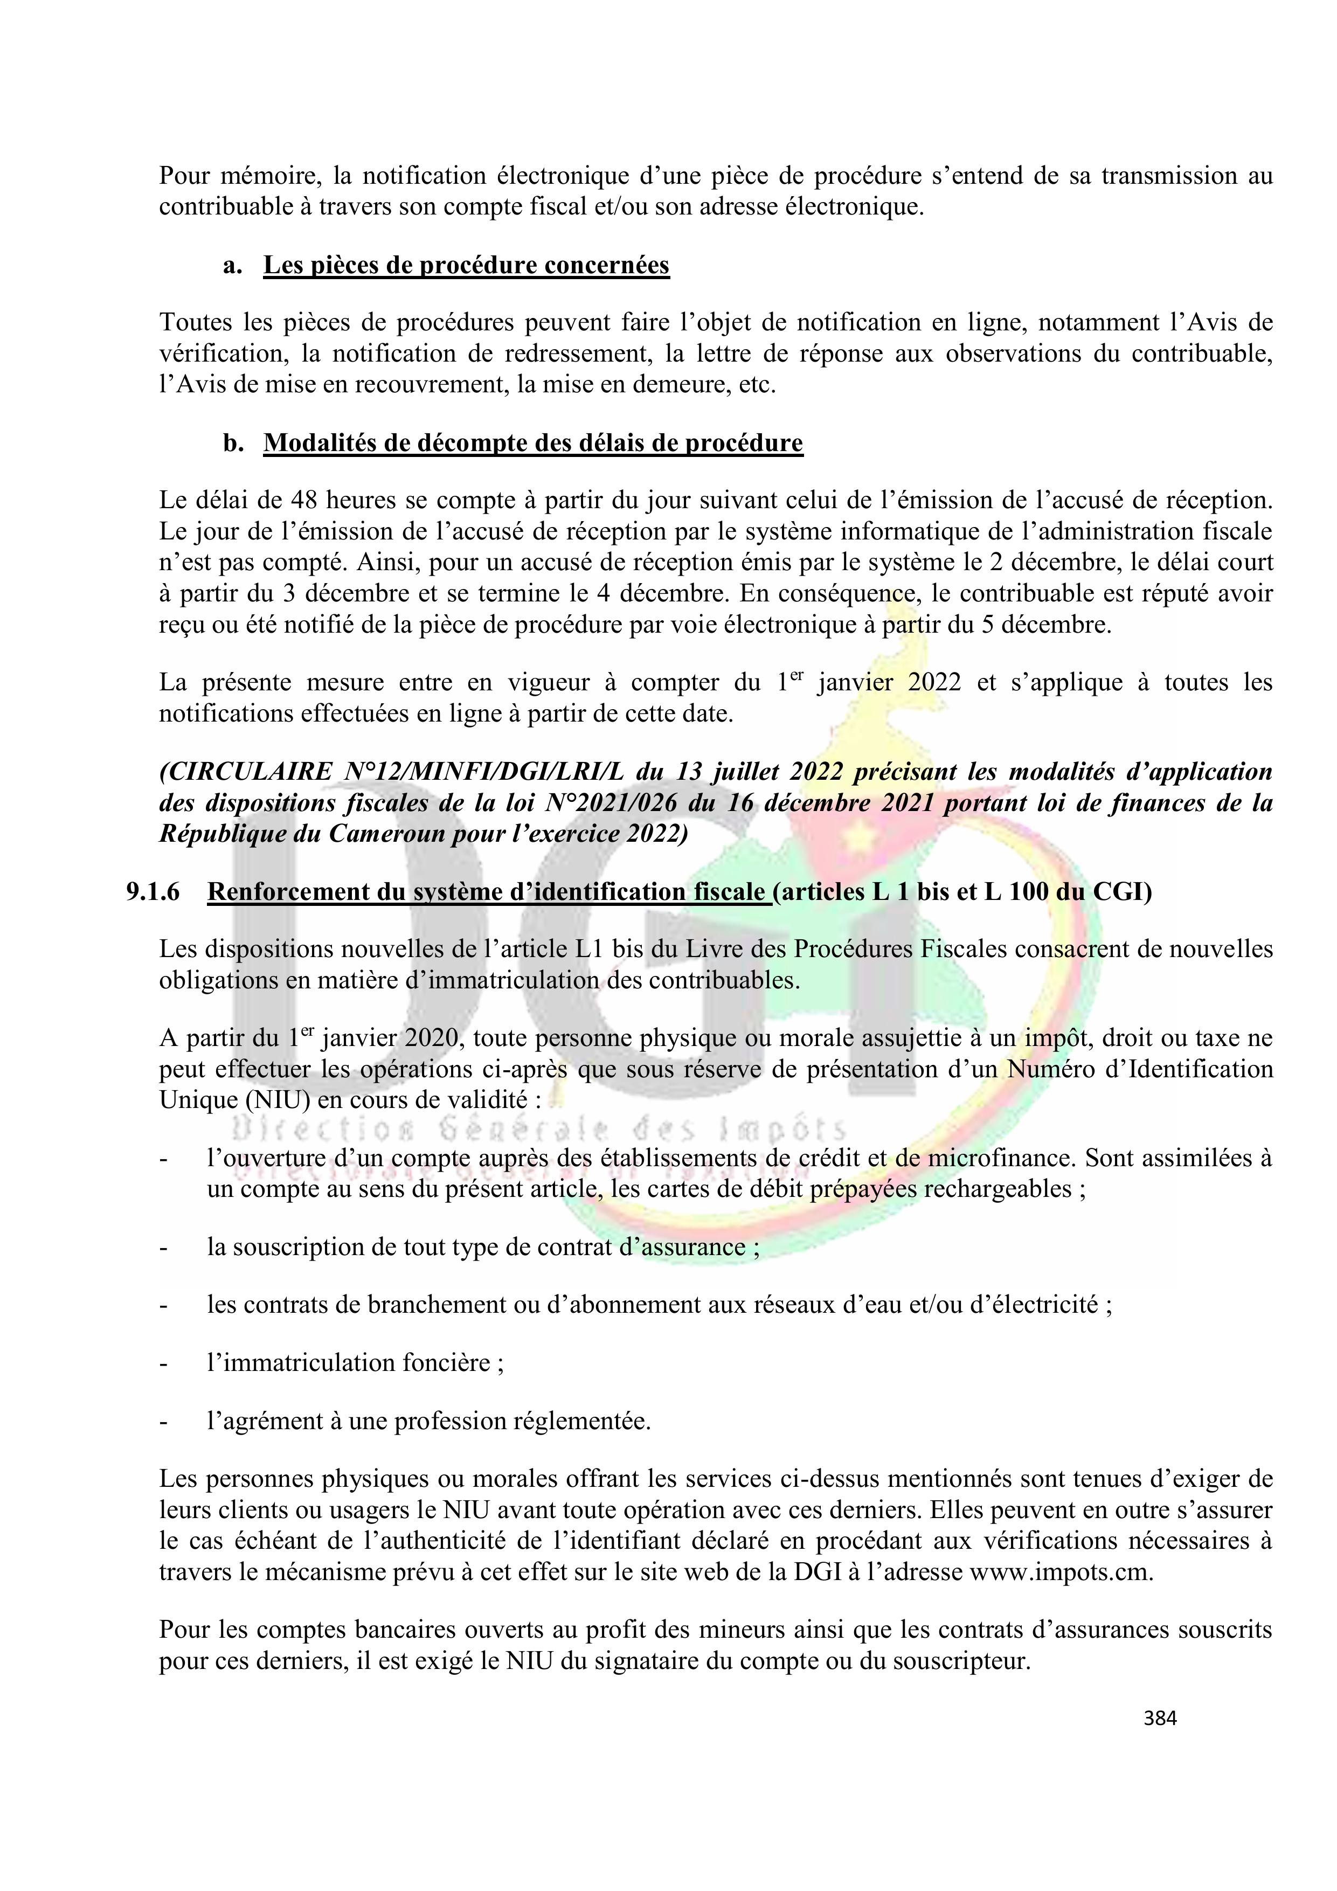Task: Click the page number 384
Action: [x=1160, y=1717]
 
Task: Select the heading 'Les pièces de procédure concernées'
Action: [x=466, y=265]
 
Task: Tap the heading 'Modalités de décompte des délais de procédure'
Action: [x=532, y=443]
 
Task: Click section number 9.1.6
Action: [x=153, y=892]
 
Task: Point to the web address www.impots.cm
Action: [x=1060, y=1573]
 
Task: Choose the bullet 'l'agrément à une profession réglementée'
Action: [x=428, y=1421]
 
